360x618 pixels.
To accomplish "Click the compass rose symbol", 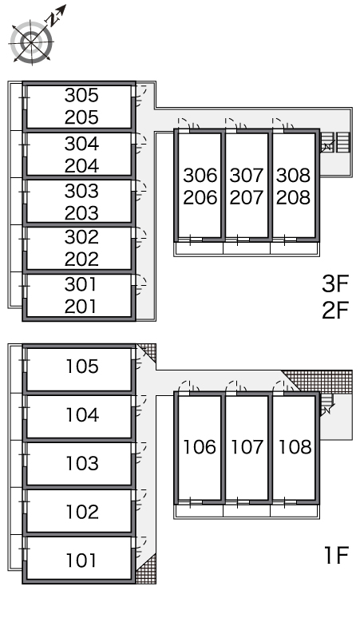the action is [x=31, y=42].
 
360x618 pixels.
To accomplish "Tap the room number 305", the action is [x=81, y=95].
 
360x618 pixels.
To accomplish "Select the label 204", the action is [x=81, y=165].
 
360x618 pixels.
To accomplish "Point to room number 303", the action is [x=81, y=191].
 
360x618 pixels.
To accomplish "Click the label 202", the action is [x=81, y=259].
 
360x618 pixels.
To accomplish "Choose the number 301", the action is [x=81, y=284].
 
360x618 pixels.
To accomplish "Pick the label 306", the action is [x=200, y=176].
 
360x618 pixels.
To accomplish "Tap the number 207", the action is [x=247, y=197].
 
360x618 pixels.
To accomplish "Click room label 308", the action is [x=294, y=176].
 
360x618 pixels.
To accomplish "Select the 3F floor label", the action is [x=335, y=283].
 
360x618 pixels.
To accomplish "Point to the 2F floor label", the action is [x=335, y=310].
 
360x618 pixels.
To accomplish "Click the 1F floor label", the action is [x=336, y=555].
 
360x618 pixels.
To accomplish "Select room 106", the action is [x=200, y=448].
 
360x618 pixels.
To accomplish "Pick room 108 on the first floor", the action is [x=295, y=448].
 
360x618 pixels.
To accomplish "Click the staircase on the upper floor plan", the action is [x=334, y=142].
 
